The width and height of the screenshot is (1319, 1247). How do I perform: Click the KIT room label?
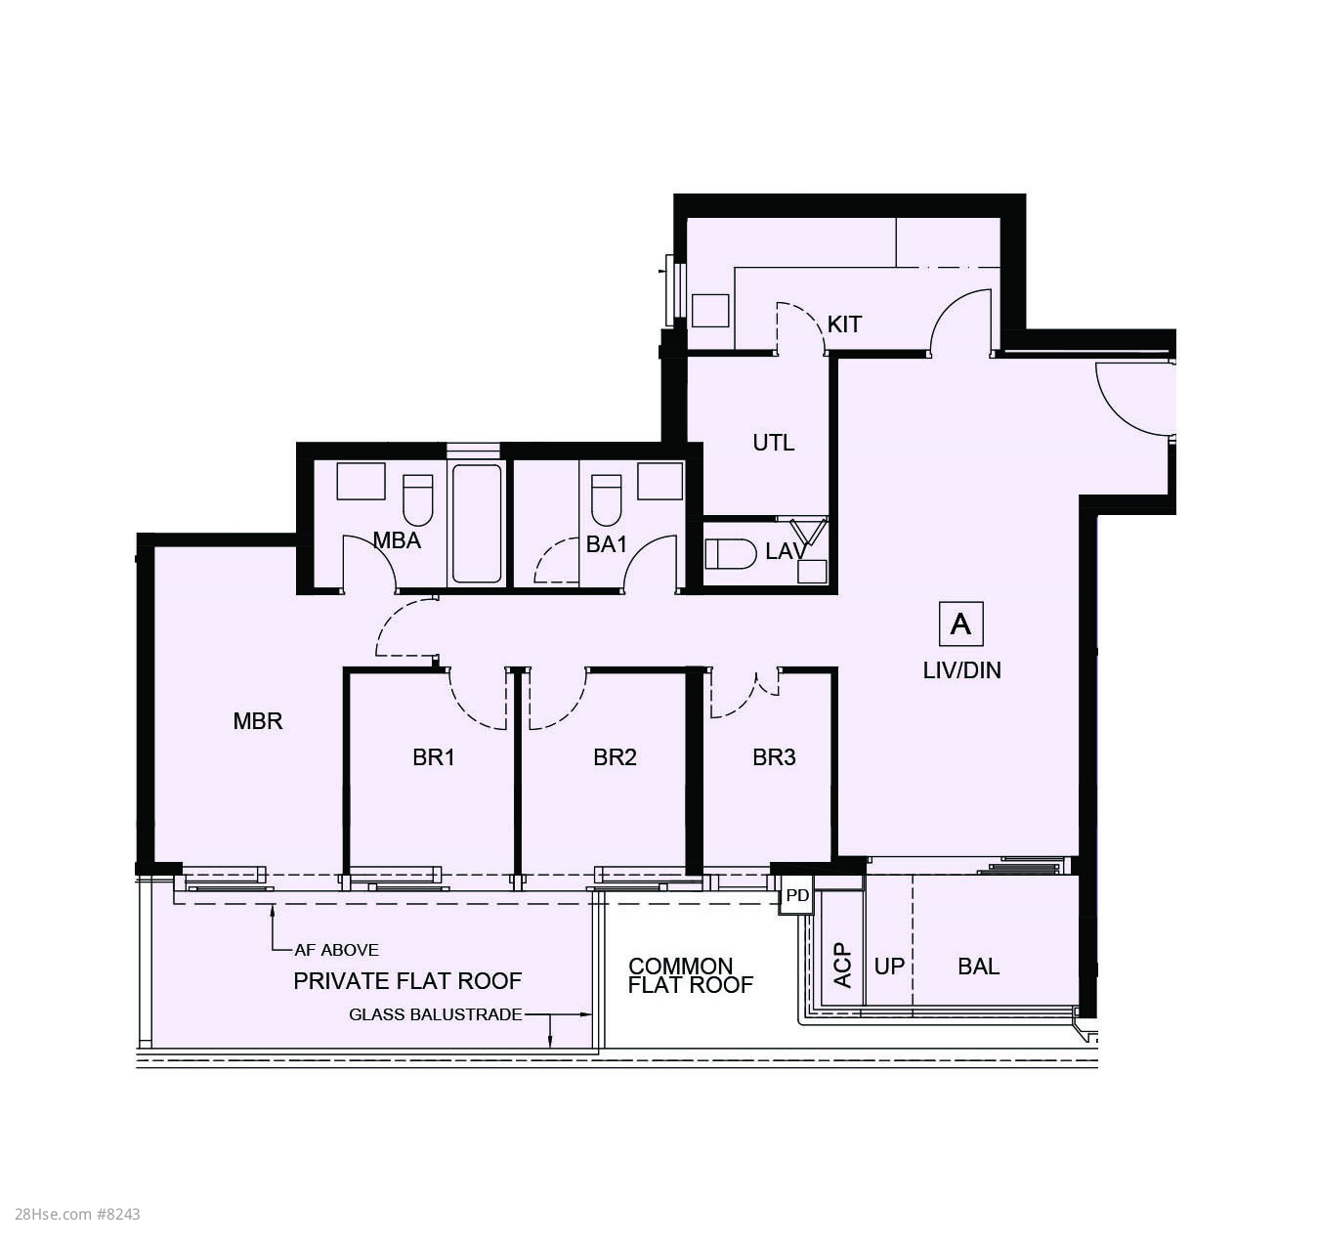pos(844,324)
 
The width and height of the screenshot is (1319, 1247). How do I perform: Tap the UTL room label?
pos(773,443)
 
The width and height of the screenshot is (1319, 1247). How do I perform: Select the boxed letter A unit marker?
pos(960,623)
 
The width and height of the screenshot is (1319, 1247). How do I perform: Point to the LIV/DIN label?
pos(961,670)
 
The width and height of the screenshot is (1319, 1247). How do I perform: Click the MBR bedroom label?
pos(258,721)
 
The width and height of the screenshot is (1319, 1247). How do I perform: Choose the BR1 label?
pos(434,757)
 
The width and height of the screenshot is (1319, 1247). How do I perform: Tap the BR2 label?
pos(615,757)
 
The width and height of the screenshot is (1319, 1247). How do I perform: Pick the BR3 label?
pos(774,757)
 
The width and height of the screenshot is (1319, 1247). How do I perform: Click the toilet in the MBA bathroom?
pos(418,500)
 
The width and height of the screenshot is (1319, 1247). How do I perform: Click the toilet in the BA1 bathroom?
pos(607,500)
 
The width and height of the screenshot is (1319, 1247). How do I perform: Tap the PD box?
pos(796,895)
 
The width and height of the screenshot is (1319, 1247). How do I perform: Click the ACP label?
pos(842,966)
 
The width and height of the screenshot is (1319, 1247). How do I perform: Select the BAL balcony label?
pos(978,967)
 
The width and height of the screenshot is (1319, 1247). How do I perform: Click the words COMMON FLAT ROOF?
pos(691,975)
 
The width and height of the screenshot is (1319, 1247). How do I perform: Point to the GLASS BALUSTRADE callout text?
pos(436,1014)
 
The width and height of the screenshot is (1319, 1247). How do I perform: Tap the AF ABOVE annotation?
pos(336,950)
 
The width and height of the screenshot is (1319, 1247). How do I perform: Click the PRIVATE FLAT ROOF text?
pos(407,981)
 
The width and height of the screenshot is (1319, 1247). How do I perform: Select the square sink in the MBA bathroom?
pos(361,481)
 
